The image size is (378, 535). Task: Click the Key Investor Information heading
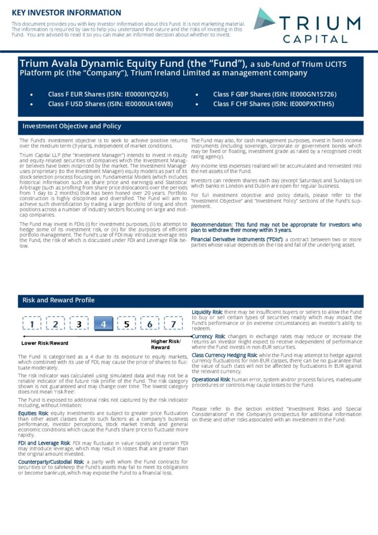click(66, 12)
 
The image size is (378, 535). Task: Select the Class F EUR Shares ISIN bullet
click(108, 94)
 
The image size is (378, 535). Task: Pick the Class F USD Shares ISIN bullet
click(110, 103)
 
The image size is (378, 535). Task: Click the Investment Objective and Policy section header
click(72, 126)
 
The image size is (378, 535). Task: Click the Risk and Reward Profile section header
click(58, 300)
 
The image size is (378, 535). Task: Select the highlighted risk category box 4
click(103, 324)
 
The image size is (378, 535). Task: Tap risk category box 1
click(32, 324)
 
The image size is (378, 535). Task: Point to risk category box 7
click(173, 324)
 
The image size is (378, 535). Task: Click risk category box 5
click(126, 324)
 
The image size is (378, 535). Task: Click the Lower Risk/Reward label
click(44, 343)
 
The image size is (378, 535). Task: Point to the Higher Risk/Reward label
click(162, 344)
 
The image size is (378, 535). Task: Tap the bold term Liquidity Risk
click(207, 312)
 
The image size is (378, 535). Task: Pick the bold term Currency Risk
click(208, 336)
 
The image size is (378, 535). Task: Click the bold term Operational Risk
click(211, 379)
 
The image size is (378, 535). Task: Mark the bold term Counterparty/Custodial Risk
click(51, 462)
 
